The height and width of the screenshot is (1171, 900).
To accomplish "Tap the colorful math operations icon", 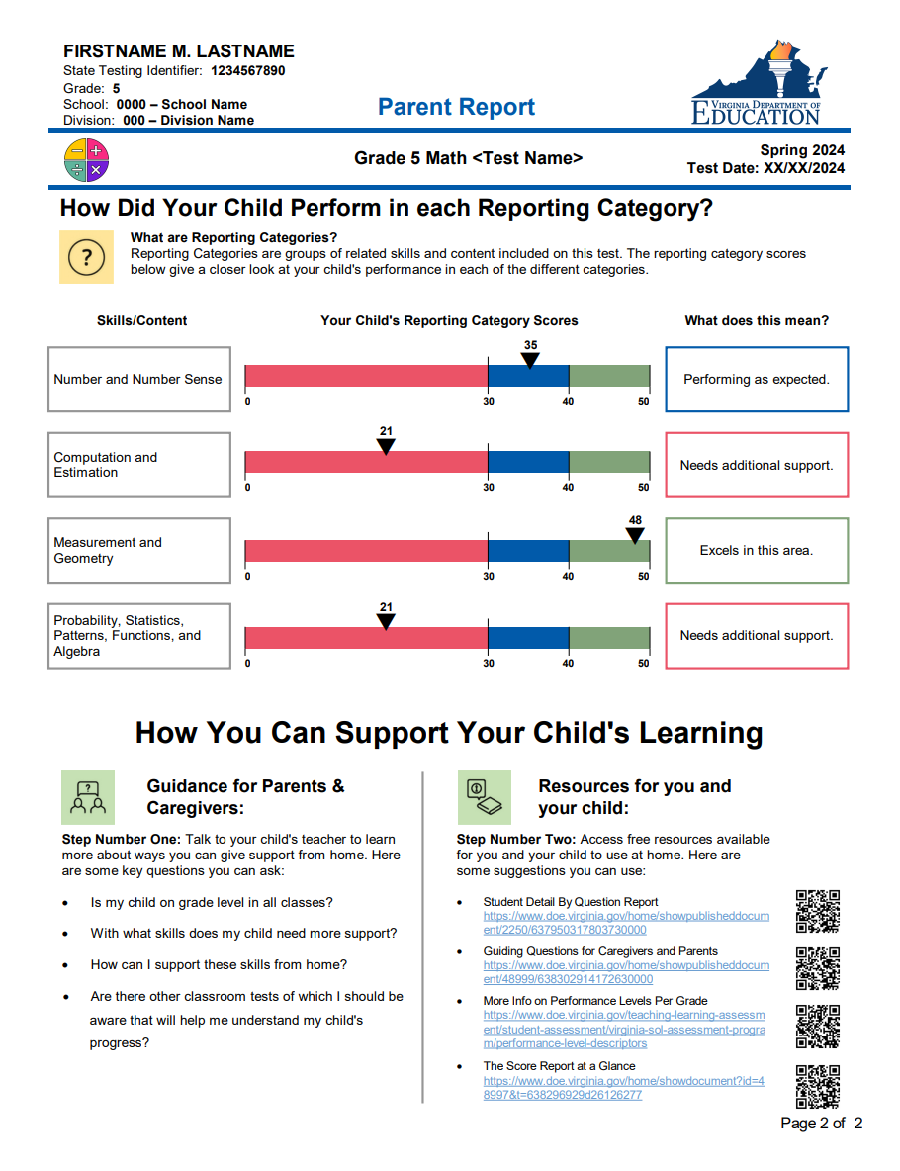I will tap(86, 160).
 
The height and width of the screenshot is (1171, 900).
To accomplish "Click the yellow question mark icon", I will tap(86, 257).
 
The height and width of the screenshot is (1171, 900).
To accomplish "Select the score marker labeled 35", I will tap(530, 360).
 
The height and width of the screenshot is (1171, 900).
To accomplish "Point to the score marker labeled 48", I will tap(635, 535).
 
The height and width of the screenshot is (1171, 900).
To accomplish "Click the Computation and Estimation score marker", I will tap(386, 446).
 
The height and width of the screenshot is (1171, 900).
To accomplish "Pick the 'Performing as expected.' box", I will tap(757, 379).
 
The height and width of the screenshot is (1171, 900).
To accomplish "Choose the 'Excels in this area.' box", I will tap(757, 550).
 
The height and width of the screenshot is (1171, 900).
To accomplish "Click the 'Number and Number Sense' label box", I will tap(138, 379).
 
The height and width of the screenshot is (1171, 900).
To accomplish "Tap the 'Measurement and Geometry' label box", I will tap(138, 550).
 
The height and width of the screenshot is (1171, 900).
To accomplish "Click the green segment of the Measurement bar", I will tap(608, 552).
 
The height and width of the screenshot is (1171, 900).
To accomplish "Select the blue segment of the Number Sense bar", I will tap(528, 377).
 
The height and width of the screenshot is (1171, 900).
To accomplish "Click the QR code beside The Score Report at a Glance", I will tap(818, 1086).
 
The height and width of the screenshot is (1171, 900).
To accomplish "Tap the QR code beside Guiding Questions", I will tap(818, 968).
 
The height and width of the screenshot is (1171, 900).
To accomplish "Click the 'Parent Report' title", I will tap(456, 107).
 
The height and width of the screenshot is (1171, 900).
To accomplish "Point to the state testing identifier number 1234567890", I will tap(247, 71).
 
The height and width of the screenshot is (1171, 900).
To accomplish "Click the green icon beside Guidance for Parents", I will tap(88, 797).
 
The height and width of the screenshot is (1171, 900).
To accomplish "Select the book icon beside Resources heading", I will tap(484, 797).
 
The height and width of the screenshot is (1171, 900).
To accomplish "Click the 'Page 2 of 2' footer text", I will tap(821, 1124).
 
